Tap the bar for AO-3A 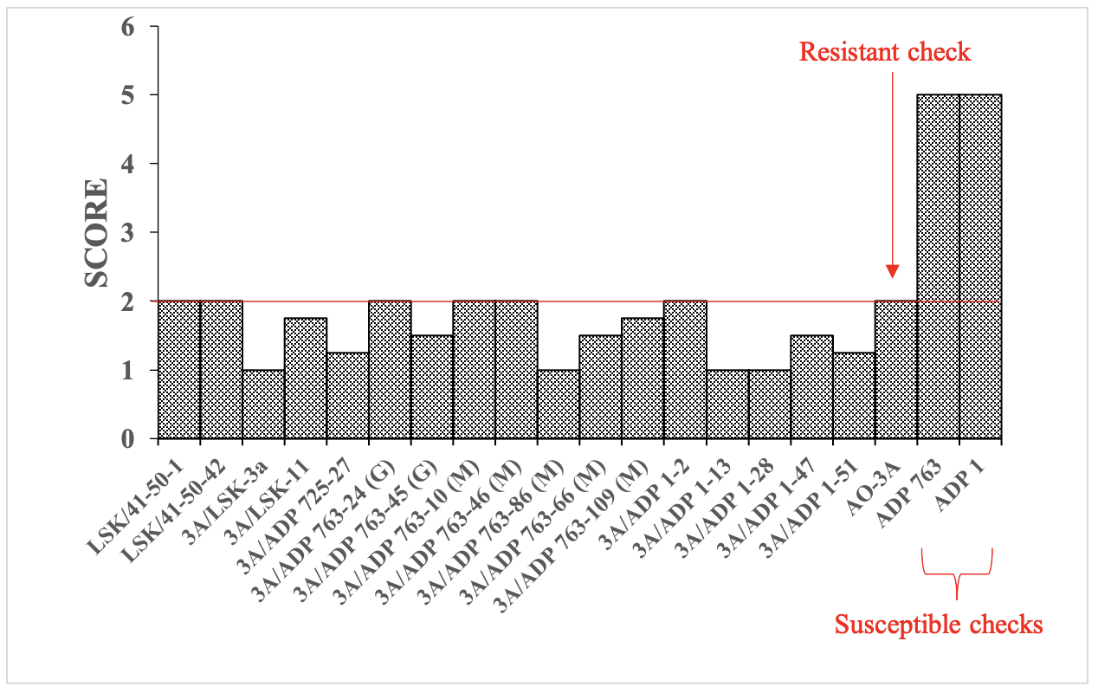coord(895,370)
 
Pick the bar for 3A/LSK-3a coord(263,405)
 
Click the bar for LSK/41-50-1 coord(179,370)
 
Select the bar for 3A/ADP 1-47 coord(811,387)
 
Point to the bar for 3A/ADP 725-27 coord(348,396)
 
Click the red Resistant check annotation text coord(884,52)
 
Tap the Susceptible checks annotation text coord(938,624)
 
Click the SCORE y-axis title coord(96,232)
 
